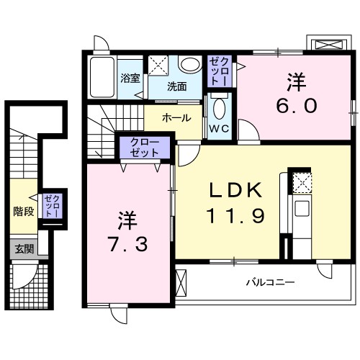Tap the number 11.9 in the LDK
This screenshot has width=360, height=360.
[230, 214]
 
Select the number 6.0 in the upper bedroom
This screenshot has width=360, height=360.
[295, 105]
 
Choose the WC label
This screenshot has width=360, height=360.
[219, 130]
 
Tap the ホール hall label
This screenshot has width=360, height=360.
[176, 117]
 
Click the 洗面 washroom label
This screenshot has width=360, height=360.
[177, 86]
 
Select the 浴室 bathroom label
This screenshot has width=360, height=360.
[130, 78]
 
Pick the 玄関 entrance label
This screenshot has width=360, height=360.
[24, 249]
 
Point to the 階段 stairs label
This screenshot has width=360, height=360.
[24, 212]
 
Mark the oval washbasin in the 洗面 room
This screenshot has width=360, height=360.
[189, 65]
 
